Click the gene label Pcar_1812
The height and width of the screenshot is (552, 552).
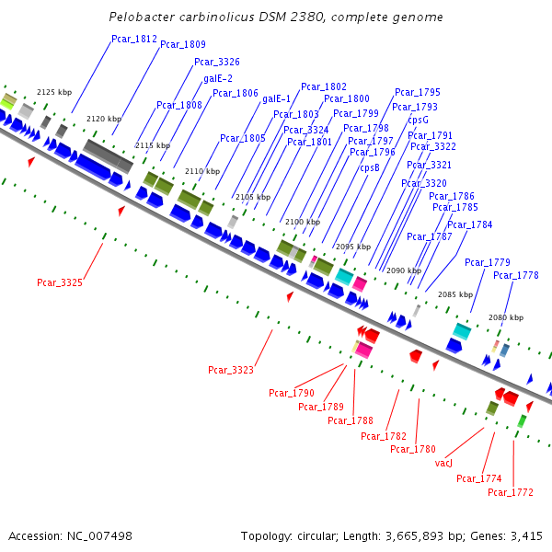pyautogui.click(x=134, y=39)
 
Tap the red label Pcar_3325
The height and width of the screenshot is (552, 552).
pyautogui.click(x=60, y=282)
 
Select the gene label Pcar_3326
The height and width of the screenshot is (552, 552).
pyautogui.click(x=217, y=62)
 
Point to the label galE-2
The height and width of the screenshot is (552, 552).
pyautogui.click(x=217, y=78)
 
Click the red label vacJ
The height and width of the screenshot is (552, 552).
pyautogui.click(x=443, y=463)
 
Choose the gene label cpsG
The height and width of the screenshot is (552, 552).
pyautogui.click(x=419, y=120)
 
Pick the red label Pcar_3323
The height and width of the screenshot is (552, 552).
pyautogui.click(x=231, y=370)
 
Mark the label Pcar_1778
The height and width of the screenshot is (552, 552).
pyautogui.click(x=516, y=275)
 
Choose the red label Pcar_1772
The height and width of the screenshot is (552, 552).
pyautogui.click(x=511, y=492)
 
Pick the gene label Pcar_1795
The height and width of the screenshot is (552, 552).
pyautogui.click(x=418, y=92)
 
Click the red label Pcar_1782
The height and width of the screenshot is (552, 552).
pyautogui.click(x=384, y=436)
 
